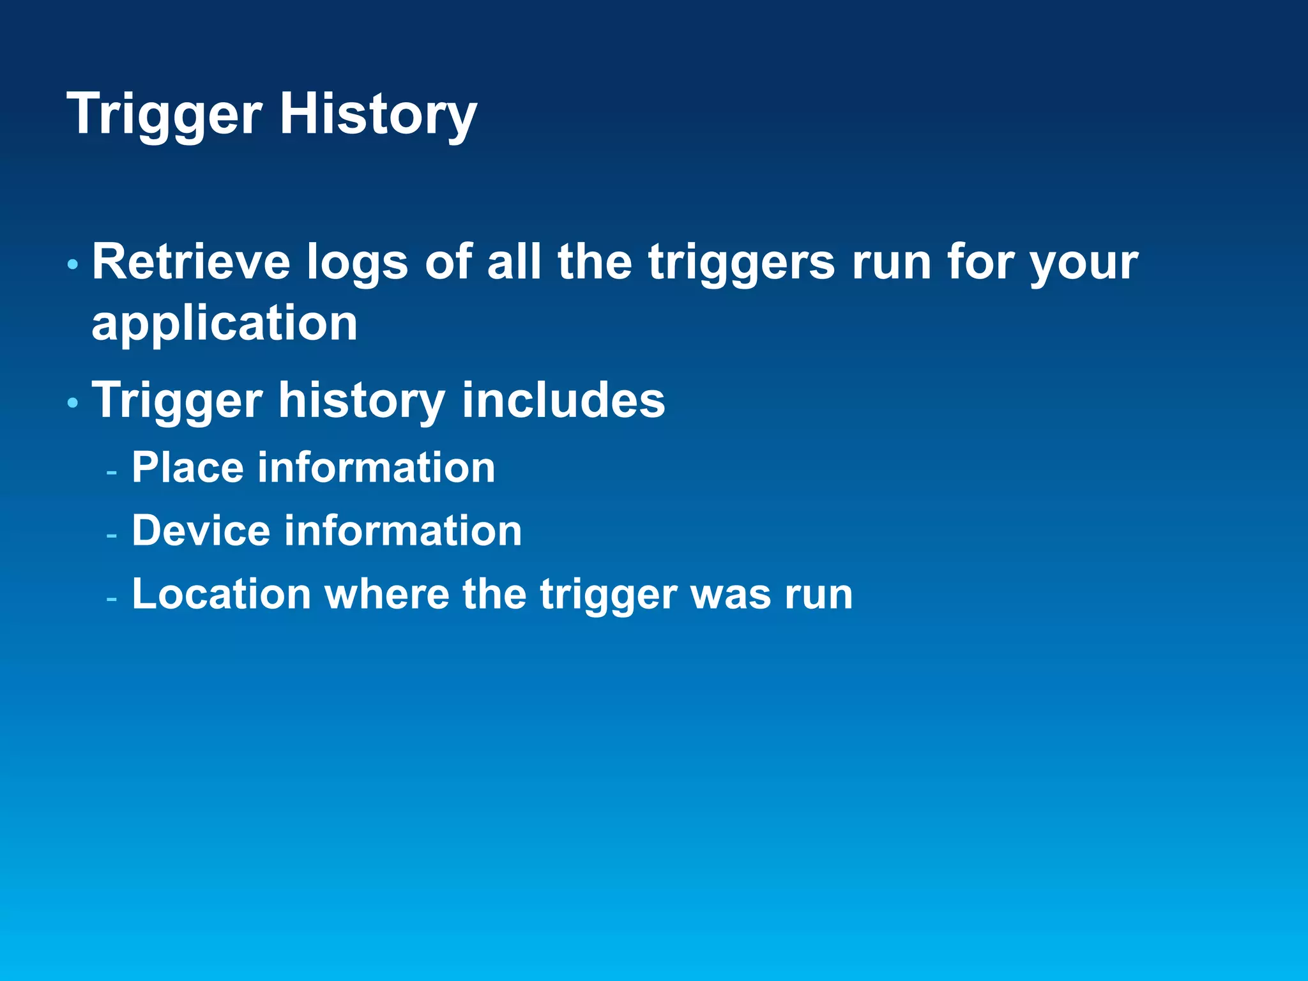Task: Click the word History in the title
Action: point(377,115)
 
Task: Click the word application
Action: point(224,324)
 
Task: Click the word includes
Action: point(563,400)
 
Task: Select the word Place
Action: point(188,468)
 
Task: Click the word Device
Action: point(201,531)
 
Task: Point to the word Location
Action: point(221,594)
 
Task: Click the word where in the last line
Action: point(387,594)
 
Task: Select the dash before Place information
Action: point(112,473)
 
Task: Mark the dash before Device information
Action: point(112,536)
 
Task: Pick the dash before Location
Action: point(112,599)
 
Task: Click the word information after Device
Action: point(402,531)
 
